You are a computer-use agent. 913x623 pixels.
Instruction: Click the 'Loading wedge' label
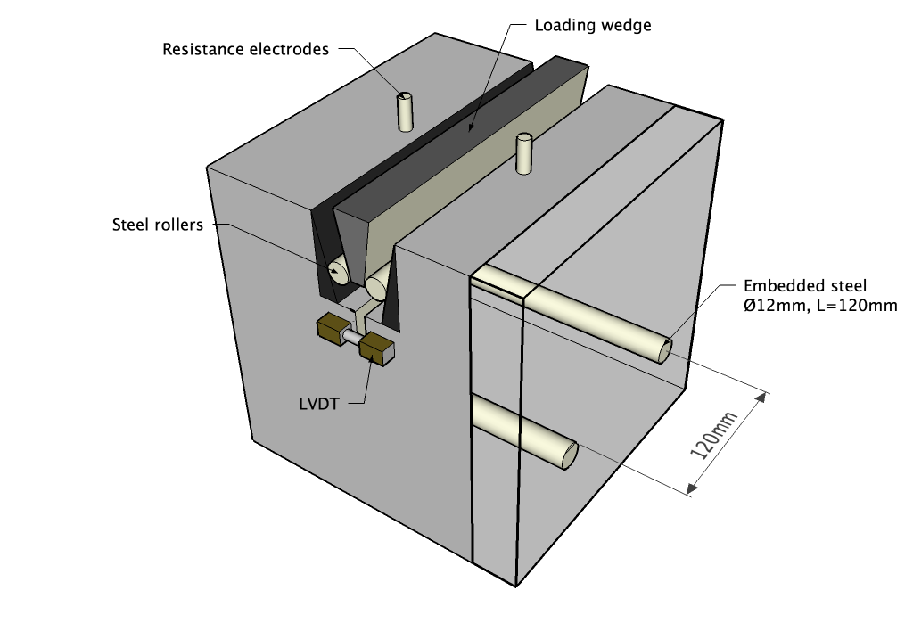click(x=592, y=25)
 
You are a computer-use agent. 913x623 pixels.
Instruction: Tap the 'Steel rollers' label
click(x=157, y=225)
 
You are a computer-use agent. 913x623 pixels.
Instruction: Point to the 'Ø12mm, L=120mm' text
click(x=819, y=306)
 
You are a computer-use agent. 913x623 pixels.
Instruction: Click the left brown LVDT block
click(x=332, y=330)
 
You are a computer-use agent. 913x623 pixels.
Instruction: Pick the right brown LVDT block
click(x=377, y=348)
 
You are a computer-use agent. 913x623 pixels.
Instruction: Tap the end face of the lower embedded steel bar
click(x=569, y=455)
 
